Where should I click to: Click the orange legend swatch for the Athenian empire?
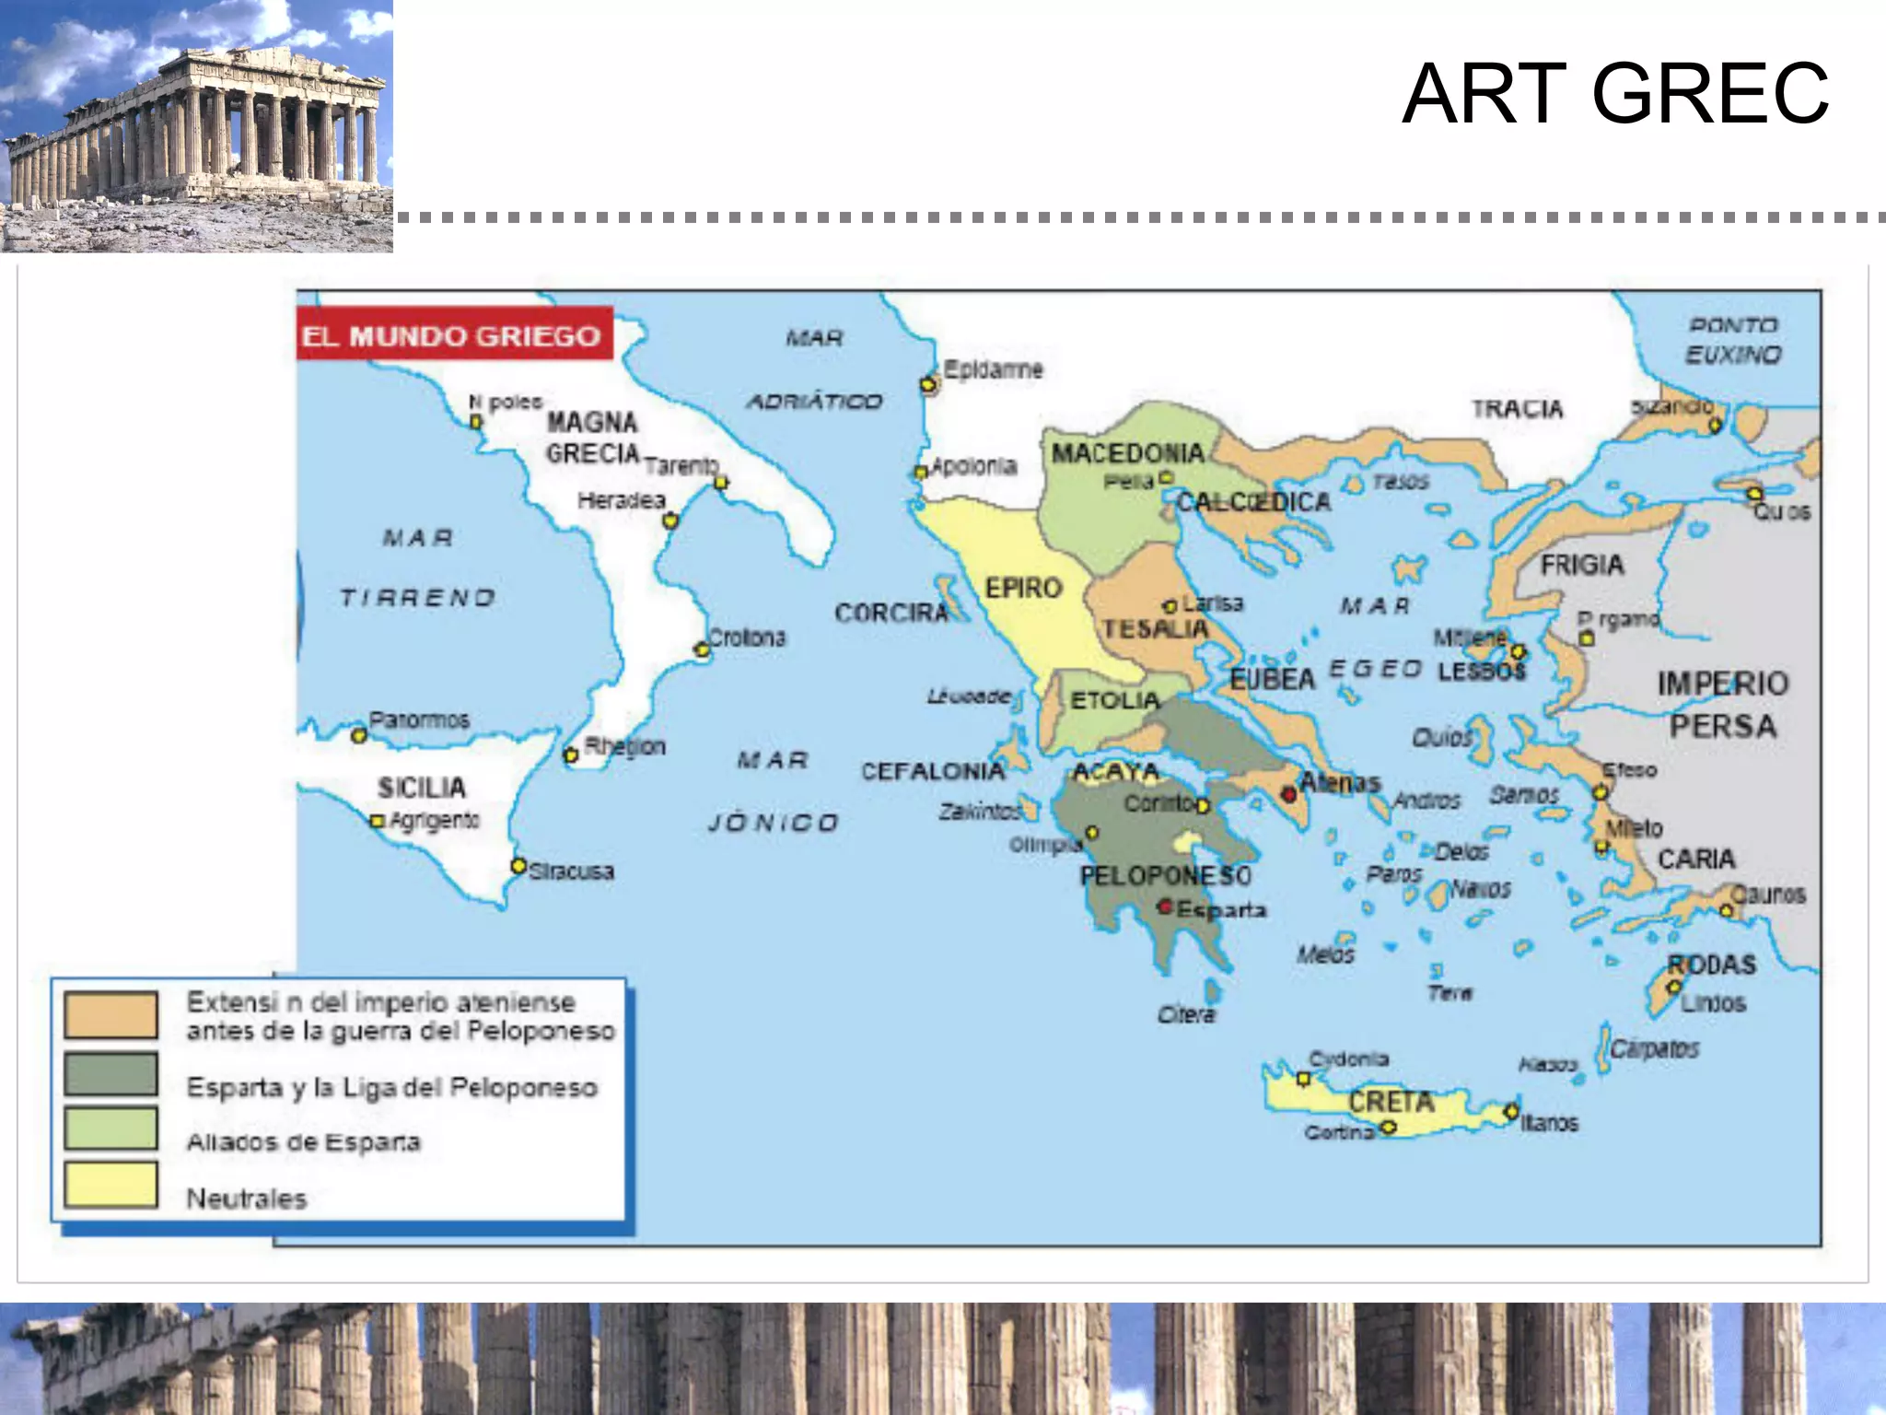[111, 1014]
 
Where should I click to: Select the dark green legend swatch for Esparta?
[111, 1074]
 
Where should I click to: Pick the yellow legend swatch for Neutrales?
[111, 1184]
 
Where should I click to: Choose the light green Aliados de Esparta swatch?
[111, 1129]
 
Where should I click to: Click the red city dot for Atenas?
[1289, 794]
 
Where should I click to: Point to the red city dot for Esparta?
[1165, 907]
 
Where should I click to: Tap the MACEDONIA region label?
[1127, 453]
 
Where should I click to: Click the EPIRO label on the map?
[1023, 588]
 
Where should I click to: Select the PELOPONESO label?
[1165, 874]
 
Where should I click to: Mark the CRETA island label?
[1391, 1101]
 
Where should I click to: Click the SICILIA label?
[422, 788]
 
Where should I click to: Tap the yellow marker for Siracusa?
[518, 866]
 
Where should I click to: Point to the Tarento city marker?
[721, 482]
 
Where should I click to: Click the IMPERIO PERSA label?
[1722, 705]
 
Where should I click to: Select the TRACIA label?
[1517, 408]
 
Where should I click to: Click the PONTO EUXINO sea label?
[1733, 340]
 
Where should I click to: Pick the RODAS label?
[1711, 965]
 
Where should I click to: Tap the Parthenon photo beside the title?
[196, 126]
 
